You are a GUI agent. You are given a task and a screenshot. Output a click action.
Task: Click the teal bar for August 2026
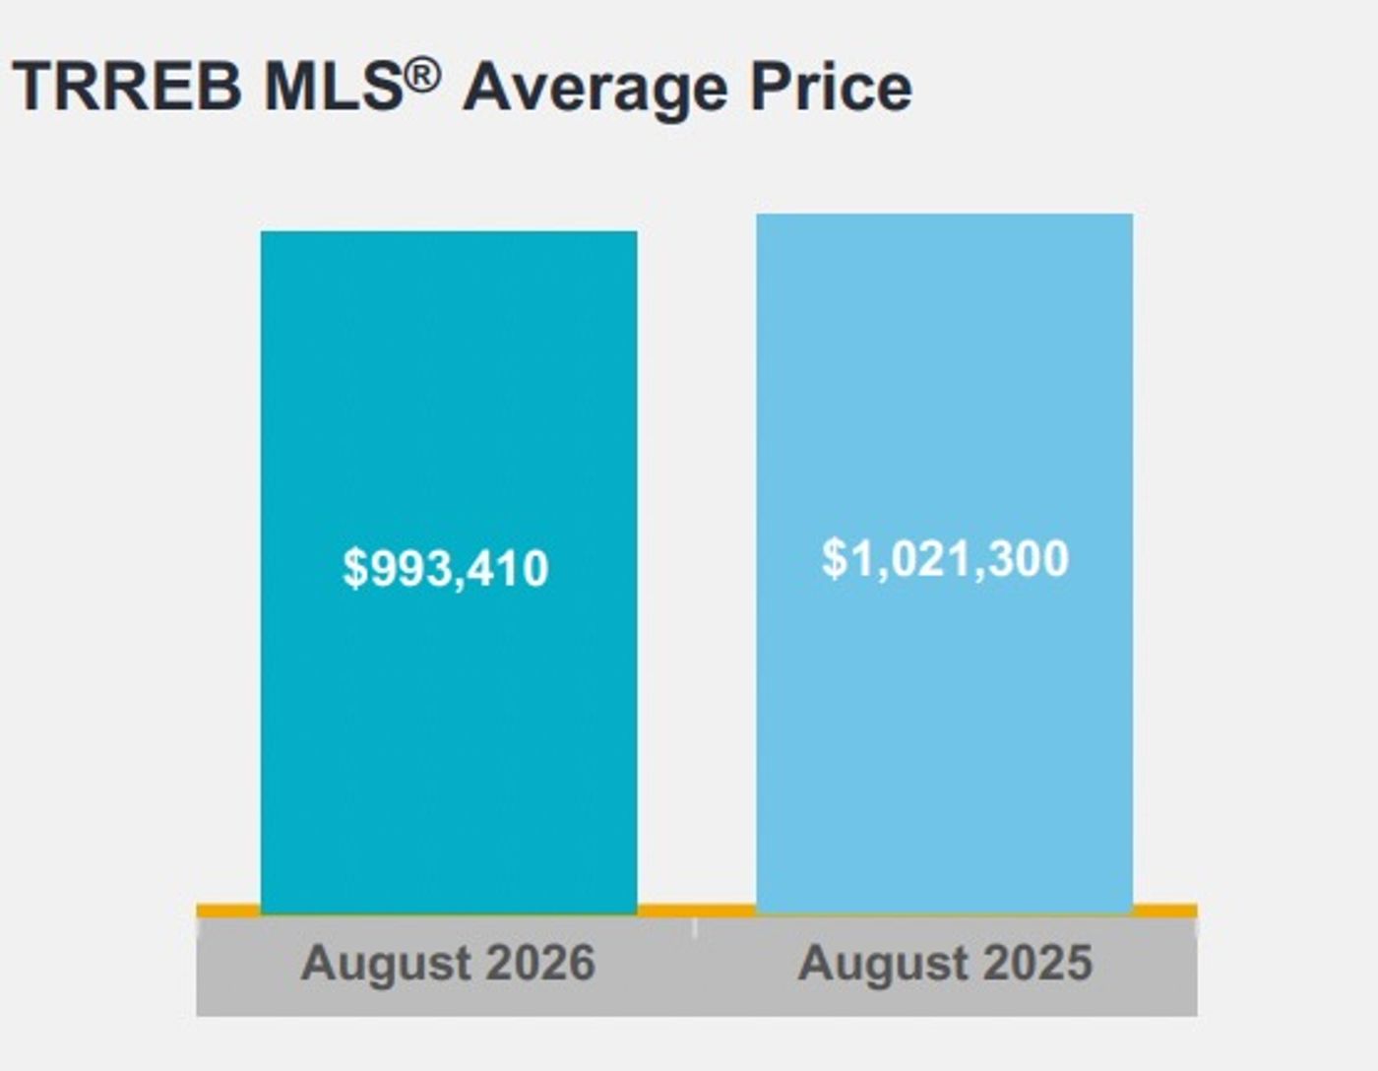coord(449,573)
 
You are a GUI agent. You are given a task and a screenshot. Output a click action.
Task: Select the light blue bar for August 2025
coord(944,564)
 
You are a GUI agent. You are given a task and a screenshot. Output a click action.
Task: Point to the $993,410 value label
coord(445,569)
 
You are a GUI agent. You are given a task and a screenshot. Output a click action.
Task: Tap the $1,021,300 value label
coord(945,559)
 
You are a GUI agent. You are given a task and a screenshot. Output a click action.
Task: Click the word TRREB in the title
coord(127,87)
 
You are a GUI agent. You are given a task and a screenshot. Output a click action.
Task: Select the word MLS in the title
coord(335,87)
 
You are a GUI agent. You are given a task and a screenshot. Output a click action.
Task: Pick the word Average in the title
coord(595,90)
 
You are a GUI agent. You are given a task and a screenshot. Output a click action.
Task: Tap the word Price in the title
coord(831,87)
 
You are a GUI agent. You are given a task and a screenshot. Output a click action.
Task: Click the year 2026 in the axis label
coord(540,963)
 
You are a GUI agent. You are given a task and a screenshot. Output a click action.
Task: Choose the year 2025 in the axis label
coord(1037,963)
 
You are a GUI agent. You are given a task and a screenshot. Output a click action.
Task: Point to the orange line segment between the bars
coord(696,912)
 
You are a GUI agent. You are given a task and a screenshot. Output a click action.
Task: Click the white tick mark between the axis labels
coord(695,927)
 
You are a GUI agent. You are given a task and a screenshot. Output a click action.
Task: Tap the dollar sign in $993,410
coord(354,569)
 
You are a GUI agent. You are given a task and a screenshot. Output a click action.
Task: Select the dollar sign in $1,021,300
coord(834,559)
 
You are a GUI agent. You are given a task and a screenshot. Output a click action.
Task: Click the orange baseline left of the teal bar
coord(228,912)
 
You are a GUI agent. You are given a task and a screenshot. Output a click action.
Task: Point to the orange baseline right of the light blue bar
coord(1165,912)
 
